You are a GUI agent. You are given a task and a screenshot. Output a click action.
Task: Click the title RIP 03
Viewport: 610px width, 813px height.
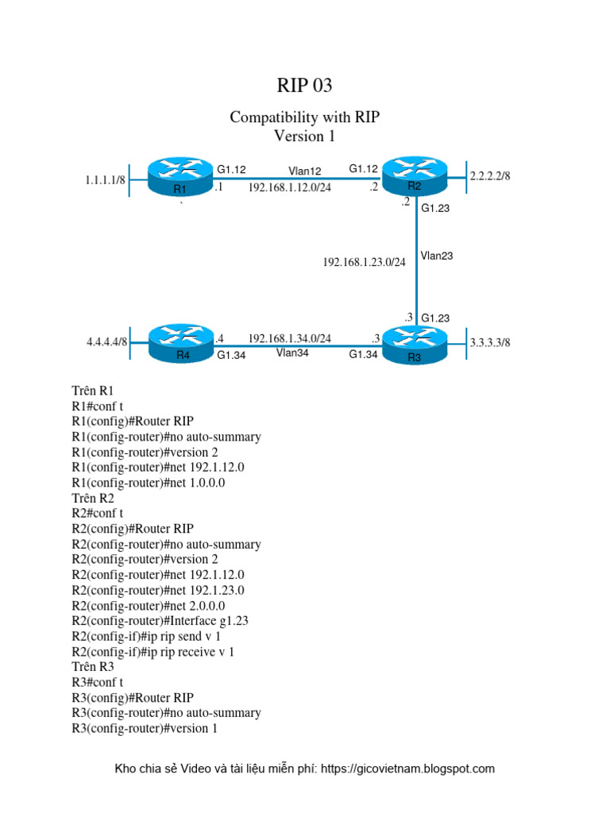304,85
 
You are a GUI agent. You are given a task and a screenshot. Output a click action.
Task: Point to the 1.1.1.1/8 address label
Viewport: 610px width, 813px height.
106,180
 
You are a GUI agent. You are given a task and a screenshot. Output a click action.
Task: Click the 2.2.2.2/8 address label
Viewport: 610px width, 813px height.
490,175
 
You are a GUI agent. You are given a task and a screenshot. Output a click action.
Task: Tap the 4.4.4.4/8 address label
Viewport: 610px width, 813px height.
107,342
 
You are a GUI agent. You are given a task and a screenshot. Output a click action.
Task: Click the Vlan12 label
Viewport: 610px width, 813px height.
304,171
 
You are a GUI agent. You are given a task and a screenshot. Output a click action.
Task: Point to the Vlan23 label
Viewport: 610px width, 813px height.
437,256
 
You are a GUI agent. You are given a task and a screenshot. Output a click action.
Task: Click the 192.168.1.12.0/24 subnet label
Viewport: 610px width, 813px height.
289,188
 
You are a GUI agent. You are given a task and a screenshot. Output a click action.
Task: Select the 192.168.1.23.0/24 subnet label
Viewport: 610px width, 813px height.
364,261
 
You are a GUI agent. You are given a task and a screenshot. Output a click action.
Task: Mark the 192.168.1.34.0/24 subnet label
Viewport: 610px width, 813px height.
289,338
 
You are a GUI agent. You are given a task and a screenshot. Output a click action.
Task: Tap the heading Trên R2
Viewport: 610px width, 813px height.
93,498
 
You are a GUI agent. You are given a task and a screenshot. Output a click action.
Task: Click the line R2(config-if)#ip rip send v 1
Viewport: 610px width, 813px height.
145,636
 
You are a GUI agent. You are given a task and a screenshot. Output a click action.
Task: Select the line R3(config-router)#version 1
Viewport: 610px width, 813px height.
145,728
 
